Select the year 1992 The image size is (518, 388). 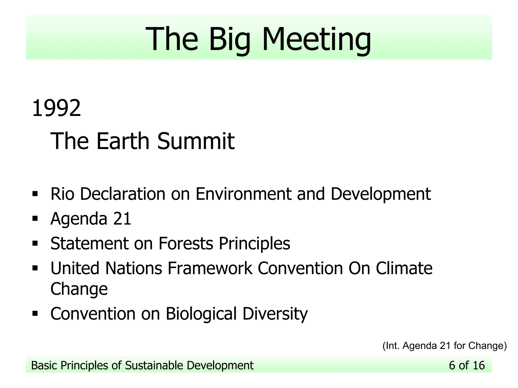pos(56,108)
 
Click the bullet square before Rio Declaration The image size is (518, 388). pos(35,194)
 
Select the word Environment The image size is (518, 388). pos(243,194)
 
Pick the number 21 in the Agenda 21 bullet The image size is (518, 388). pos(122,219)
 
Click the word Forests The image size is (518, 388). pos(186,243)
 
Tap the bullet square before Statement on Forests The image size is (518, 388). pos(35,243)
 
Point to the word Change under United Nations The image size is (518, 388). pos(79,289)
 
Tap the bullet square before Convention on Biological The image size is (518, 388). pos(35,314)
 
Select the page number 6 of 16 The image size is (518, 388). pos(467,365)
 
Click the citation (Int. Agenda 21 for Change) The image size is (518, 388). pos(444,346)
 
